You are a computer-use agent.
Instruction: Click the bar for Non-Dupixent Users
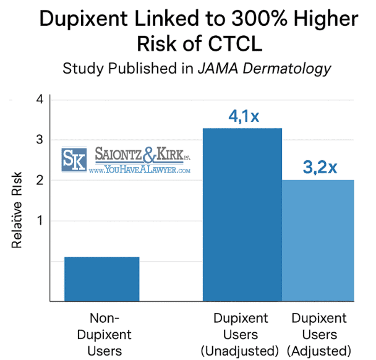point(101,279)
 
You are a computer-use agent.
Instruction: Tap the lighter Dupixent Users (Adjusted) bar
point(318,241)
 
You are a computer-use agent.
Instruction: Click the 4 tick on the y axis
point(40,100)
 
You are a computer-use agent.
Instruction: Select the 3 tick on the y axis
point(40,140)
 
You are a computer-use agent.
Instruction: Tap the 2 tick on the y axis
point(40,180)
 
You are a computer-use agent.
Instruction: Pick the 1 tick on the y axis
point(40,221)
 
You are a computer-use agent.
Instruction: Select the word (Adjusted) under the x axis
point(319,351)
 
